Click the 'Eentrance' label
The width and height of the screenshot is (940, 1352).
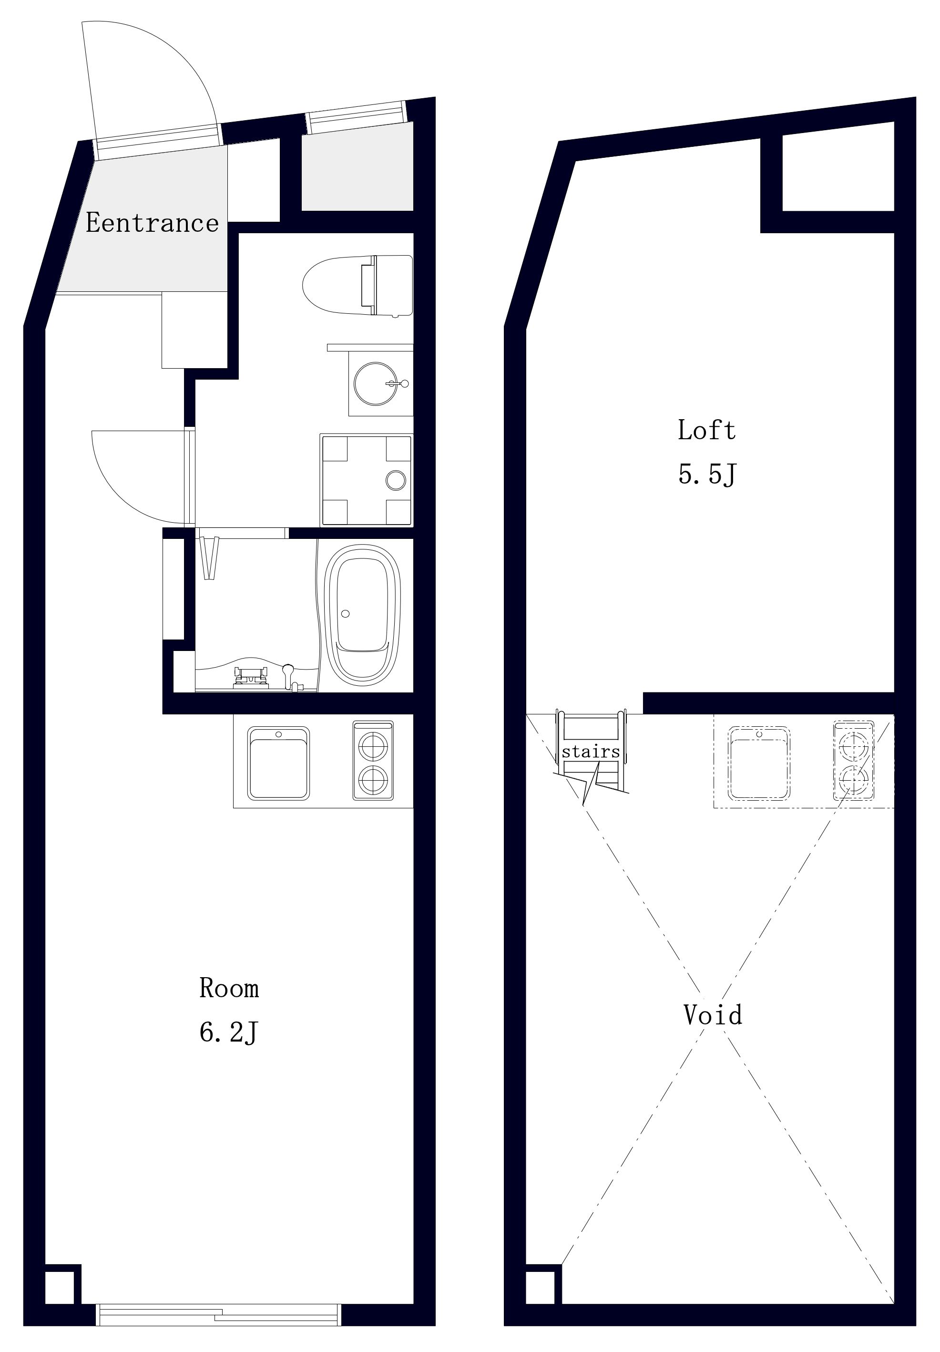153,223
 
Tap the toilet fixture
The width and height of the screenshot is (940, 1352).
358,286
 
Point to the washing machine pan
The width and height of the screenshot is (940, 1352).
366,480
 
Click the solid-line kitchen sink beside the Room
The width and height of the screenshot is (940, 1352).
278,763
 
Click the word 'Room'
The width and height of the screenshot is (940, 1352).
229,988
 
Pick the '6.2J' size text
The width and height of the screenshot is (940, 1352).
229,1032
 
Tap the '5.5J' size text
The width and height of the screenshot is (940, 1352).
707,474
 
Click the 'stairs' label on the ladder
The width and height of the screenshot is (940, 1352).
591,752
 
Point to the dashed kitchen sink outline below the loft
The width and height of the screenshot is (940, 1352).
759,763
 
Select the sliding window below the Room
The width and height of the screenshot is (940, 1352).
218,1314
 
